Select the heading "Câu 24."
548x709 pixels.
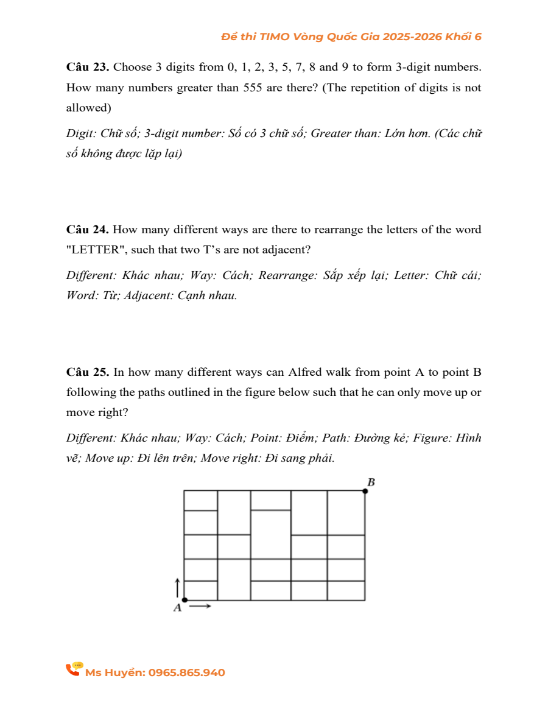click(x=88, y=230)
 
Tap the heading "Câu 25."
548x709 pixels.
click(x=88, y=372)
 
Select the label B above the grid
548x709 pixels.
click(x=371, y=482)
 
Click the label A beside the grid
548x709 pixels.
click(x=177, y=607)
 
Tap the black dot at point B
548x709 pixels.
click(x=365, y=490)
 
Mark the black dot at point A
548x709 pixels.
click(x=184, y=600)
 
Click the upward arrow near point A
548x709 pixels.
click(x=177, y=587)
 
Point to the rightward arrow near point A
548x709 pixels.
click(x=203, y=606)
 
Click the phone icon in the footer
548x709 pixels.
click(x=74, y=669)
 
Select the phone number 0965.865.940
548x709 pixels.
click(x=186, y=672)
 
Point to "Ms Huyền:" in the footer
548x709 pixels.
click(x=115, y=672)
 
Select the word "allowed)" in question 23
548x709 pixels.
click(x=88, y=108)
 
